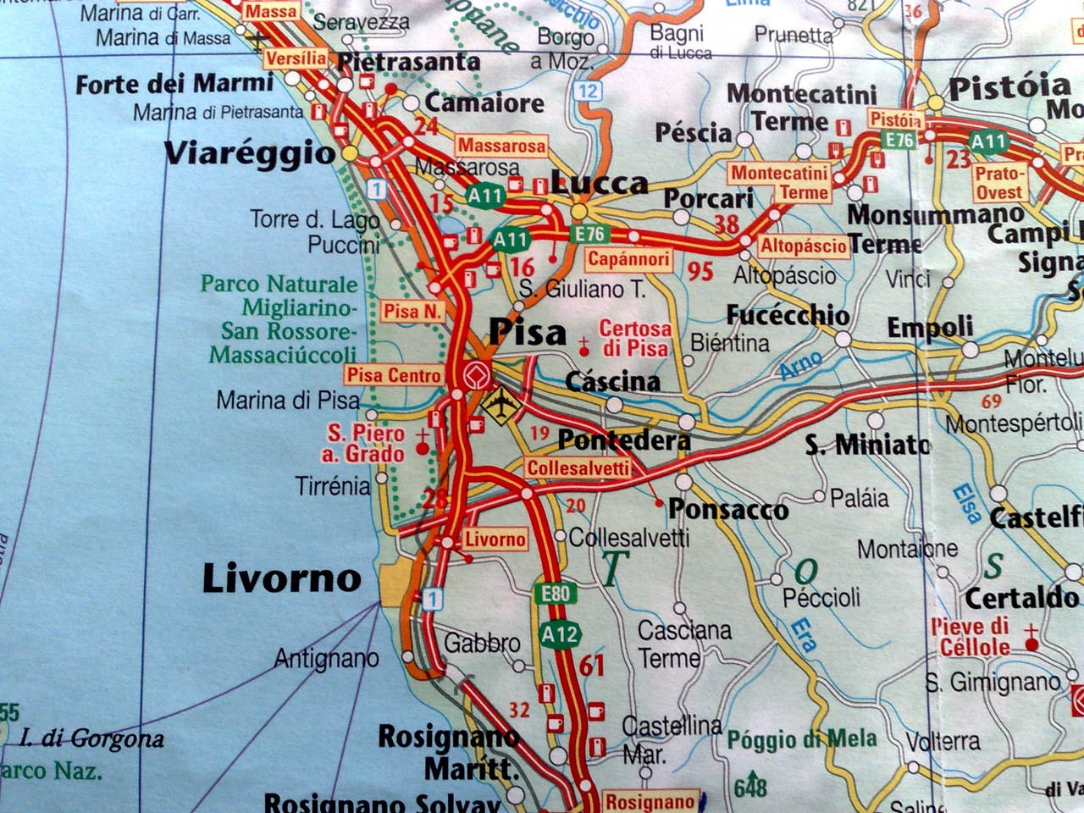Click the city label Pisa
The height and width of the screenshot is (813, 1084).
(528, 331)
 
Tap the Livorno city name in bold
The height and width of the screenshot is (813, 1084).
(281, 579)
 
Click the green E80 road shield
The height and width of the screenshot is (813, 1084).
(555, 594)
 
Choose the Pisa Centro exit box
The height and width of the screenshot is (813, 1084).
(394, 374)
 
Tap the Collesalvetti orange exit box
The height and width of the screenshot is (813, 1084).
(578, 468)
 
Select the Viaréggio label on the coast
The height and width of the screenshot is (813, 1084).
(250, 153)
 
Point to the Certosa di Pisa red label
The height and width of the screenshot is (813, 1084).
(635, 338)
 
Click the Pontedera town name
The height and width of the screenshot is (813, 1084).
(624, 440)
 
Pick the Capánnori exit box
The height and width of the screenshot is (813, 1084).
(628, 259)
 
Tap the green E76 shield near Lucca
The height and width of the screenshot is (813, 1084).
(588, 234)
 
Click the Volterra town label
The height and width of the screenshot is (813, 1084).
(943, 742)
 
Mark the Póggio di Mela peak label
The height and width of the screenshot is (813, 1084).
(801, 739)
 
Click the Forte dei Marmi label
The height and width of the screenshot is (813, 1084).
(174, 84)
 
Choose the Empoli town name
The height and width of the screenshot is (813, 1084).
(930, 327)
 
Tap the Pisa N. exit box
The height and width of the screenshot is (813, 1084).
(412, 312)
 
